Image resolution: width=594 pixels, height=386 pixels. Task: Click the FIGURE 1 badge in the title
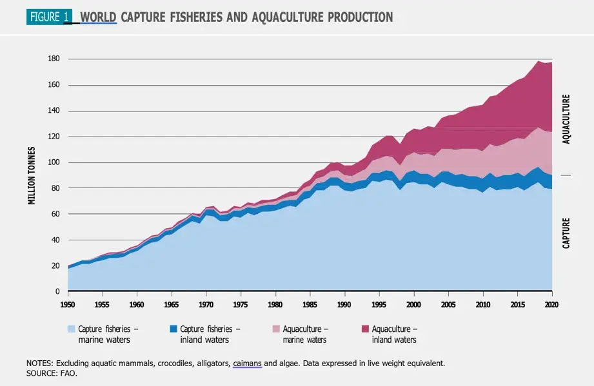tap(49, 17)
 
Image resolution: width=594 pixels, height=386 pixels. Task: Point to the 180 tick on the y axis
tap(54, 59)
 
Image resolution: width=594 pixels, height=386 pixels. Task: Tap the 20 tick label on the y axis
tap(55, 266)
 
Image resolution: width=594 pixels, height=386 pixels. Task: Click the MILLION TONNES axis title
tap(32, 175)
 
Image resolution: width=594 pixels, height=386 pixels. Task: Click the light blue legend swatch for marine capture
tap(72, 329)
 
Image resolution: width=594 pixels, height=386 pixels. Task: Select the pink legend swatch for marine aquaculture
tap(268, 329)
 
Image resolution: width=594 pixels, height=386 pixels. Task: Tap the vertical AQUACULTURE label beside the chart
tap(566, 119)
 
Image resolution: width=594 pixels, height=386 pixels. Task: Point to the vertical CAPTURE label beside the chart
tap(566, 233)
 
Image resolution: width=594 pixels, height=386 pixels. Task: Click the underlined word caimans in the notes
tap(247, 363)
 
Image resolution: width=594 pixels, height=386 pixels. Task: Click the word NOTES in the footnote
tap(39, 363)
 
